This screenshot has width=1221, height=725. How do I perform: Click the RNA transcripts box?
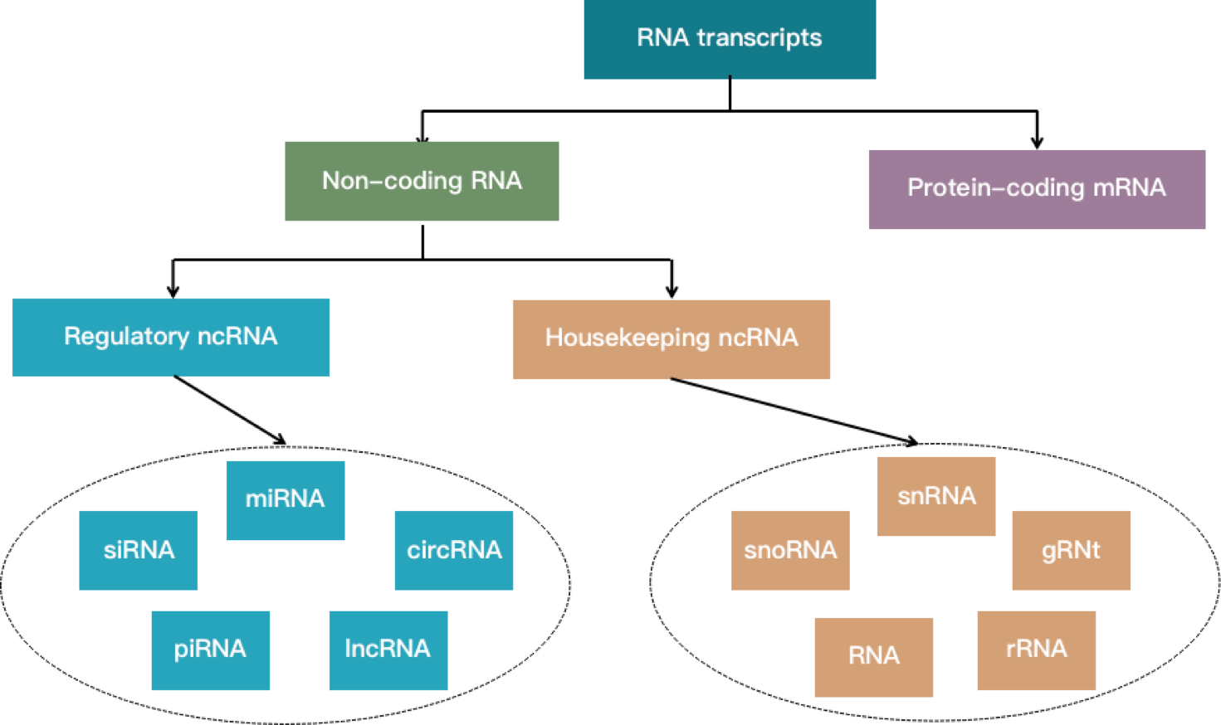coord(730,39)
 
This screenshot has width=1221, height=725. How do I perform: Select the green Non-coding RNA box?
coord(422,181)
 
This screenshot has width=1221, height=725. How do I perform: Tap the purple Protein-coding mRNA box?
coord(1036,189)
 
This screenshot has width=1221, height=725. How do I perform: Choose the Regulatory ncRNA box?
coord(171,337)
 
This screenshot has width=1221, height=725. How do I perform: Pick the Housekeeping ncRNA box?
coord(671,339)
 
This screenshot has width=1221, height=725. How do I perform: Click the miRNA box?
coord(285,500)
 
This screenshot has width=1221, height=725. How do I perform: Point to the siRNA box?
coord(139,550)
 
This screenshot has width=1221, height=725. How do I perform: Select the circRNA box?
coord(453,550)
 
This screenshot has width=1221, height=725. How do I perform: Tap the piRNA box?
coord(210,650)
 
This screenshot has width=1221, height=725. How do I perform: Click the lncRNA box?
coord(388,650)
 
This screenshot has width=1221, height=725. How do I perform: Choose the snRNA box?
coord(935,496)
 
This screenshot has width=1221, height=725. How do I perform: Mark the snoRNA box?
coord(790,550)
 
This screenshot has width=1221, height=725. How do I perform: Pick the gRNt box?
coord(1071,550)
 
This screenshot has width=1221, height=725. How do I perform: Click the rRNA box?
coord(1036,650)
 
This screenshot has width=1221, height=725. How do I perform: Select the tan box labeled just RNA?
coord(873,657)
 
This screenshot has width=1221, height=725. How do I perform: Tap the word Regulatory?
coord(127,336)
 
